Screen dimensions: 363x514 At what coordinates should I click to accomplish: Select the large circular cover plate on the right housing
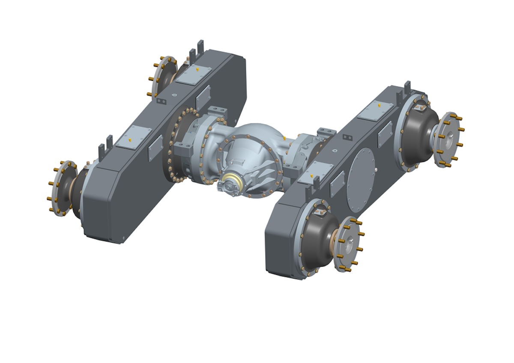tap(361, 180)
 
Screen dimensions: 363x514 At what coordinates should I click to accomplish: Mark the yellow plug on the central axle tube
tap(285, 138)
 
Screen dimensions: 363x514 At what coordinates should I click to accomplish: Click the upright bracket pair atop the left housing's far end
tap(194, 52)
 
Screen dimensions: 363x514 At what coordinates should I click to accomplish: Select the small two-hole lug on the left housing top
tap(162, 101)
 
